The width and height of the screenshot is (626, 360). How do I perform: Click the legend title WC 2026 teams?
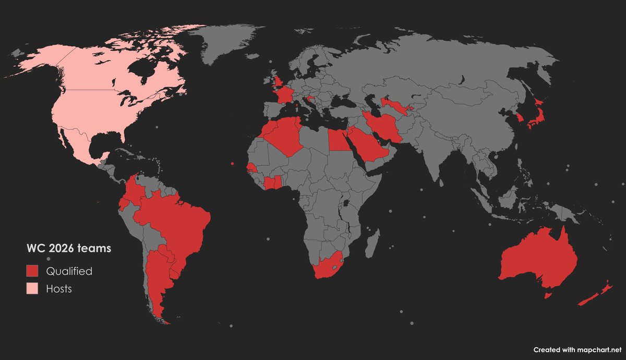[69, 249]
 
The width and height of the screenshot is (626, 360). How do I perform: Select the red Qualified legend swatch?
[33, 271]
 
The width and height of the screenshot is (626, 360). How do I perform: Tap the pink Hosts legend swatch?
[33, 288]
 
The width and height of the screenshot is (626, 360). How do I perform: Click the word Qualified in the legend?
[69, 271]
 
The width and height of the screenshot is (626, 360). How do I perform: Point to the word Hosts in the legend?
[58, 289]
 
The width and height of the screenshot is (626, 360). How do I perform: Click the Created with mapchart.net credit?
[577, 350]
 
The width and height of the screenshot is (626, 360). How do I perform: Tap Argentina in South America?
[156, 277]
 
